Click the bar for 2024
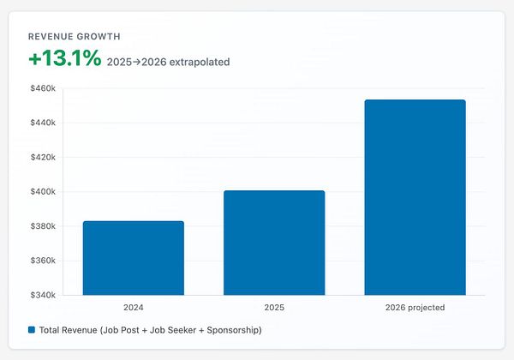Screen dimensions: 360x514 click(x=133, y=258)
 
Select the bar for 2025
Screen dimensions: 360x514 click(x=274, y=243)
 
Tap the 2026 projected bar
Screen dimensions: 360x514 click(x=415, y=197)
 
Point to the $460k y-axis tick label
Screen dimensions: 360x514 click(x=42, y=88)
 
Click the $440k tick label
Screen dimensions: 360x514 click(x=42, y=123)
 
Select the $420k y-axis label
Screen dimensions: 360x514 click(x=42, y=158)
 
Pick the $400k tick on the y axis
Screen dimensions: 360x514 click(x=42, y=192)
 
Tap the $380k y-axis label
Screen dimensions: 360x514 click(x=42, y=226)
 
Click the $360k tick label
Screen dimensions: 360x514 click(x=42, y=261)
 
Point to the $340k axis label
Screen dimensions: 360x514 click(x=42, y=295)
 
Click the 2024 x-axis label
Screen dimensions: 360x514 click(x=133, y=307)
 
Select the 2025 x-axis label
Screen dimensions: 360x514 click(x=274, y=307)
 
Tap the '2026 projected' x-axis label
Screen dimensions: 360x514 click(x=415, y=307)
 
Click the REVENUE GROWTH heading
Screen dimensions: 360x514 click(x=75, y=37)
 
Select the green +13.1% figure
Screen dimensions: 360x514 click(x=64, y=59)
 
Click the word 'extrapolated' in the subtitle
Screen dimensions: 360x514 click(x=198, y=62)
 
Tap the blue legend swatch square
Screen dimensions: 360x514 click(x=32, y=330)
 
